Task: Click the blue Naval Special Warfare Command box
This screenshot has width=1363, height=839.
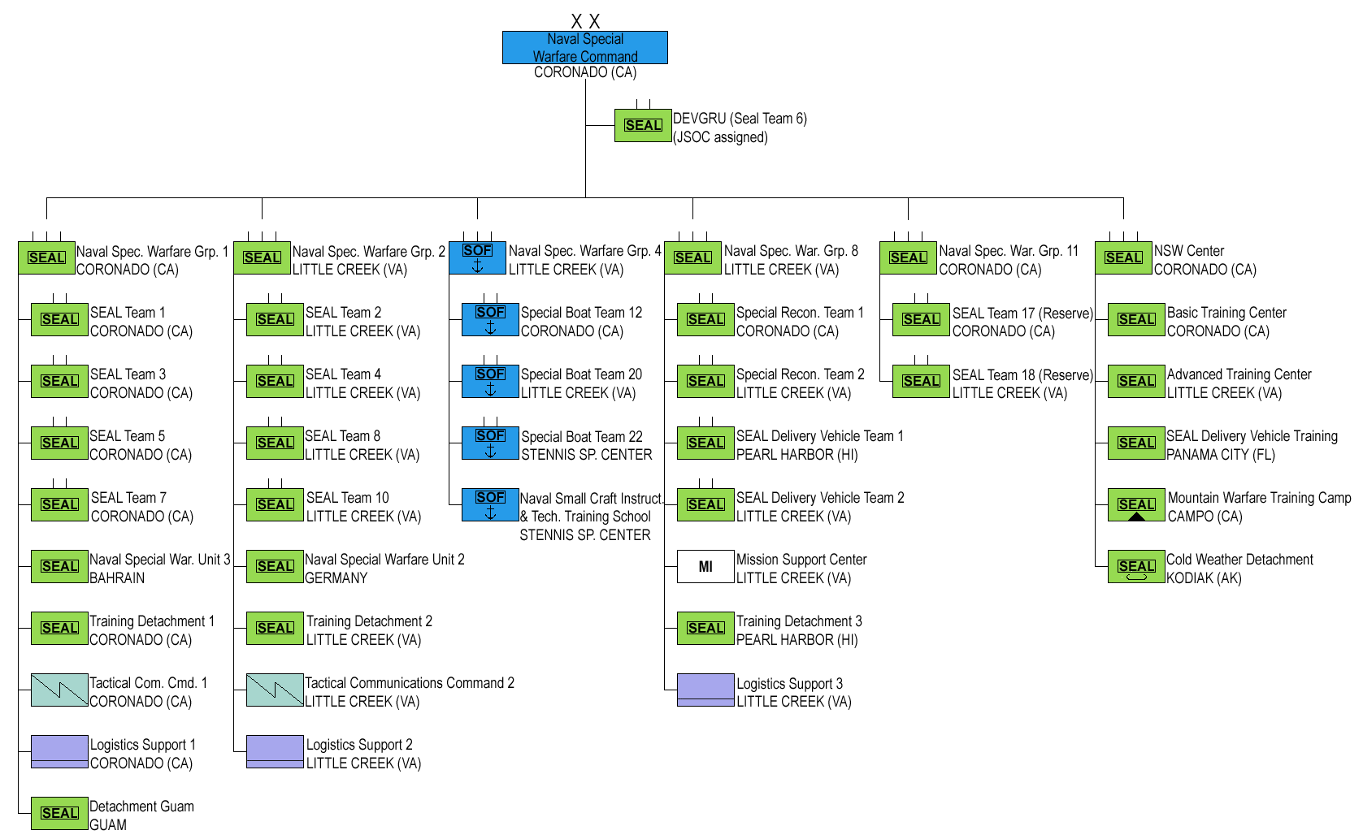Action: pos(585,47)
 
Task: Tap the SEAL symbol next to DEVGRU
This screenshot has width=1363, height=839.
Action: pos(643,125)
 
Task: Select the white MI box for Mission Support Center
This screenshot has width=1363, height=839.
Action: pos(705,566)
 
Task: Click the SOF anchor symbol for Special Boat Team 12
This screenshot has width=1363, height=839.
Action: pos(490,319)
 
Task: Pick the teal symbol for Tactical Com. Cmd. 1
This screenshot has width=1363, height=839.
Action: pos(59,690)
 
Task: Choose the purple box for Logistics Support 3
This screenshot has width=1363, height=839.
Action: pos(705,690)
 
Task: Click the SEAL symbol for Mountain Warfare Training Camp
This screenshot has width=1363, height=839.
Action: pos(1136,504)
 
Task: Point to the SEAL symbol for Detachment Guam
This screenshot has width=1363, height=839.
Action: pos(59,813)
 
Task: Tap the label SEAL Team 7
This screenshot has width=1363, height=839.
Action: pos(128,497)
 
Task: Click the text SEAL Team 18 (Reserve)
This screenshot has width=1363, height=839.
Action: pos(1022,374)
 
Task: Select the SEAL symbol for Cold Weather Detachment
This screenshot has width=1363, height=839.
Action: pos(1136,566)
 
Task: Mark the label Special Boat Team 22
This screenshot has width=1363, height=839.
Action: pos(582,436)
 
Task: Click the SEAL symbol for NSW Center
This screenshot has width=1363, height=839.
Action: pos(1123,257)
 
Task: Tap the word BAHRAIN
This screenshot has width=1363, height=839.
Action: pos(117,577)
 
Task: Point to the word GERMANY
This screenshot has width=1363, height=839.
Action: pos(336,577)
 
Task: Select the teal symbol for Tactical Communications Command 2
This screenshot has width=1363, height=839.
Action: pos(275,690)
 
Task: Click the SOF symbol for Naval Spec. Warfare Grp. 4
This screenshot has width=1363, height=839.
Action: pos(477,257)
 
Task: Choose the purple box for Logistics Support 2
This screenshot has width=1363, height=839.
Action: pos(275,751)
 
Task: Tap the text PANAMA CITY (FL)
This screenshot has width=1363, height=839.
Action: pos(1221,454)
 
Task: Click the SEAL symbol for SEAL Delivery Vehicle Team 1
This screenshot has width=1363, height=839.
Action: pos(705,443)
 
